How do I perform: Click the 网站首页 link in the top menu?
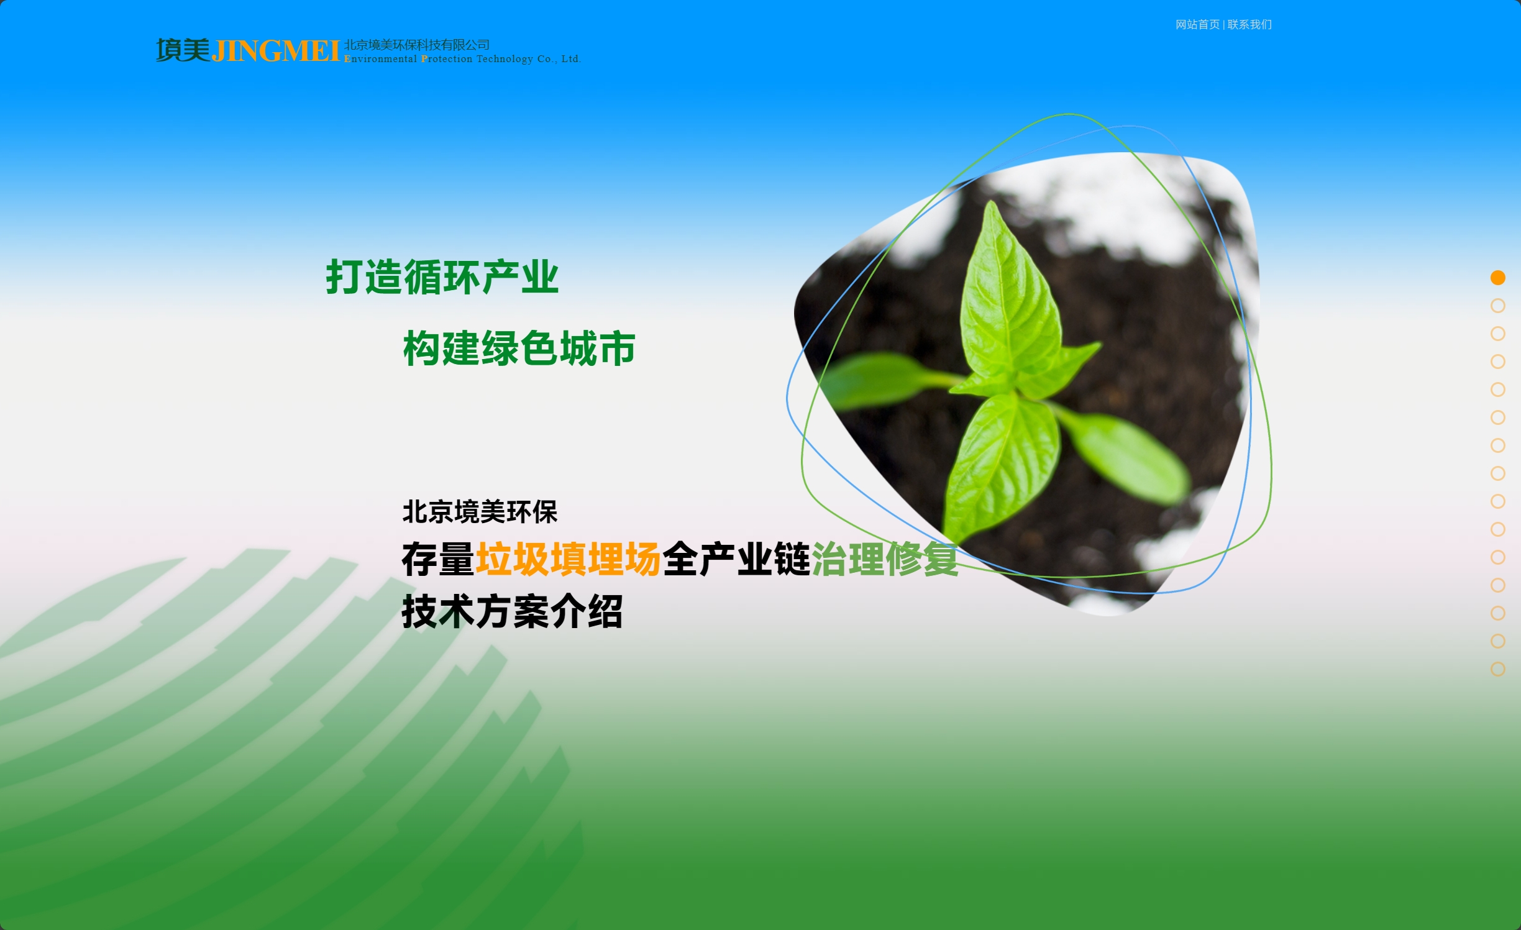(x=1197, y=25)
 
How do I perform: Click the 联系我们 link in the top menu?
(x=1249, y=25)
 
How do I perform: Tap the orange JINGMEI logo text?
(x=276, y=52)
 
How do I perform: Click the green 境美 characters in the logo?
(x=183, y=50)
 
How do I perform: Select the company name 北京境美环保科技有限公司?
(x=417, y=45)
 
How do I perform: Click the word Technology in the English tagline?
(x=505, y=59)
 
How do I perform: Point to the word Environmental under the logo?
(x=380, y=59)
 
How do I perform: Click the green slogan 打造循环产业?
(x=442, y=277)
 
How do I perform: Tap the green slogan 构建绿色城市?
(x=519, y=348)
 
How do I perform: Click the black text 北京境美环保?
(x=480, y=512)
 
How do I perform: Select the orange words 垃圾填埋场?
(x=568, y=559)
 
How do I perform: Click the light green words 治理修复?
(x=885, y=559)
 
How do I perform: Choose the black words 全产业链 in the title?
(x=736, y=559)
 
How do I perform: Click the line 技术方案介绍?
(x=512, y=611)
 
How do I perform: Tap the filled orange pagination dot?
(x=1497, y=278)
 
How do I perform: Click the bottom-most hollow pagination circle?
(x=1497, y=669)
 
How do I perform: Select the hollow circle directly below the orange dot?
(x=1497, y=306)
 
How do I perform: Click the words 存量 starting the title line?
(x=438, y=559)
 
